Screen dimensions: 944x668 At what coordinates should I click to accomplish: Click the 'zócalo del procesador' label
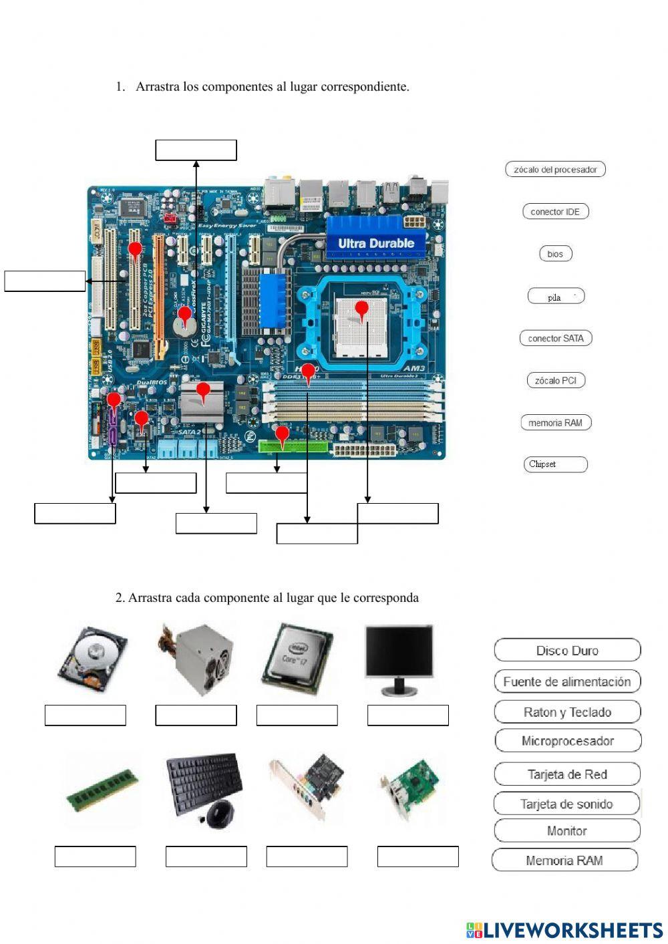pyautogui.click(x=555, y=170)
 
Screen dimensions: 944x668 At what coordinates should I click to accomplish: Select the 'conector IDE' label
pyautogui.click(x=555, y=212)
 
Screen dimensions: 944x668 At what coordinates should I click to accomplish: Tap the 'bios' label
pyautogui.click(x=555, y=254)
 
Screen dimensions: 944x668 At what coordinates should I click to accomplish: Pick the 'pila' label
pyautogui.click(x=555, y=297)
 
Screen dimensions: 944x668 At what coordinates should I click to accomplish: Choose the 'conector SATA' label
pyautogui.click(x=555, y=339)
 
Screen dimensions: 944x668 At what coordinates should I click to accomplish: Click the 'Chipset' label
pyautogui.click(x=555, y=464)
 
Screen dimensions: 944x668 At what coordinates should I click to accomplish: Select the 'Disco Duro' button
pyautogui.click(x=567, y=650)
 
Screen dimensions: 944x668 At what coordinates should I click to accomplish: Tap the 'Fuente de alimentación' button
pyautogui.click(x=567, y=681)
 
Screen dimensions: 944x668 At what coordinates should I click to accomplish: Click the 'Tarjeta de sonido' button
pyautogui.click(x=567, y=804)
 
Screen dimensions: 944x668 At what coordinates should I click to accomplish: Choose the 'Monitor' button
pyautogui.click(x=567, y=831)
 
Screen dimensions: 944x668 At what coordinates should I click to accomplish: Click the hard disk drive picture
pyautogui.click(x=92, y=659)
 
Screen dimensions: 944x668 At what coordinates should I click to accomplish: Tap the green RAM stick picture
pyautogui.click(x=103, y=790)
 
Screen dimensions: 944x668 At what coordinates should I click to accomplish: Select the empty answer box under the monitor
pyautogui.click(x=407, y=715)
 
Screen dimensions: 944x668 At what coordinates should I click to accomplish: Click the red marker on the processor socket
pyautogui.click(x=361, y=309)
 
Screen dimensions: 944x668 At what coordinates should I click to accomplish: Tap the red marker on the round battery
pyautogui.click(x=184, y=313)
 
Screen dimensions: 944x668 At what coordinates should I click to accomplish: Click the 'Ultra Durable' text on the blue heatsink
pyautogui.click(x=376, y=243)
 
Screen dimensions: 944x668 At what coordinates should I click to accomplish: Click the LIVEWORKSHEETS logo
pyautogui.click(x=564, y=929)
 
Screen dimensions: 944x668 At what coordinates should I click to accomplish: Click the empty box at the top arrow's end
pyautogui.click(x=196, y=150)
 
